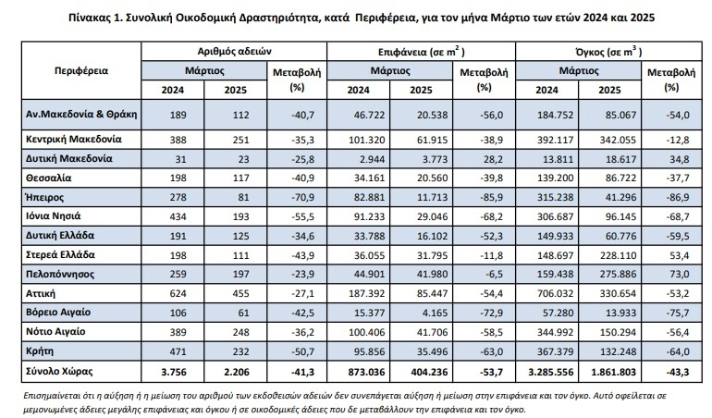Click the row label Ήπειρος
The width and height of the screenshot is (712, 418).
45,197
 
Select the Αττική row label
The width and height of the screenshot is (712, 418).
41,293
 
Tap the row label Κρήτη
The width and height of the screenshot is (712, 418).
40,351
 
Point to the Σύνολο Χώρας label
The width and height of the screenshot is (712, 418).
59,371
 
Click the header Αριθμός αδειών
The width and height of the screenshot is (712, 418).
234,52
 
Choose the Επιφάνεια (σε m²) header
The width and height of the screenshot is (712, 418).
421,52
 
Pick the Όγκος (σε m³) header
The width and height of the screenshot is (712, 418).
608,52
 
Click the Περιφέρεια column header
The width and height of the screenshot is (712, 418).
81,70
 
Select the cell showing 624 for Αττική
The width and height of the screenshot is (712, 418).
178,293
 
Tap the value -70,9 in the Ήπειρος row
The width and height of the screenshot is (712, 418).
303,197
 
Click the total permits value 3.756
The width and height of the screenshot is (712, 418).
174,372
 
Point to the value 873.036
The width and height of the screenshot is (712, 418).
366,372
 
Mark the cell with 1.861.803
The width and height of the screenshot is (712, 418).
613,372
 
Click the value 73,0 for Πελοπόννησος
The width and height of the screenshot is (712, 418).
680,275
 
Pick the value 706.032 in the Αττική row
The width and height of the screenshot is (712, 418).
555,293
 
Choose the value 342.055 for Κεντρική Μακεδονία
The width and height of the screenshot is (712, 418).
618,140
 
